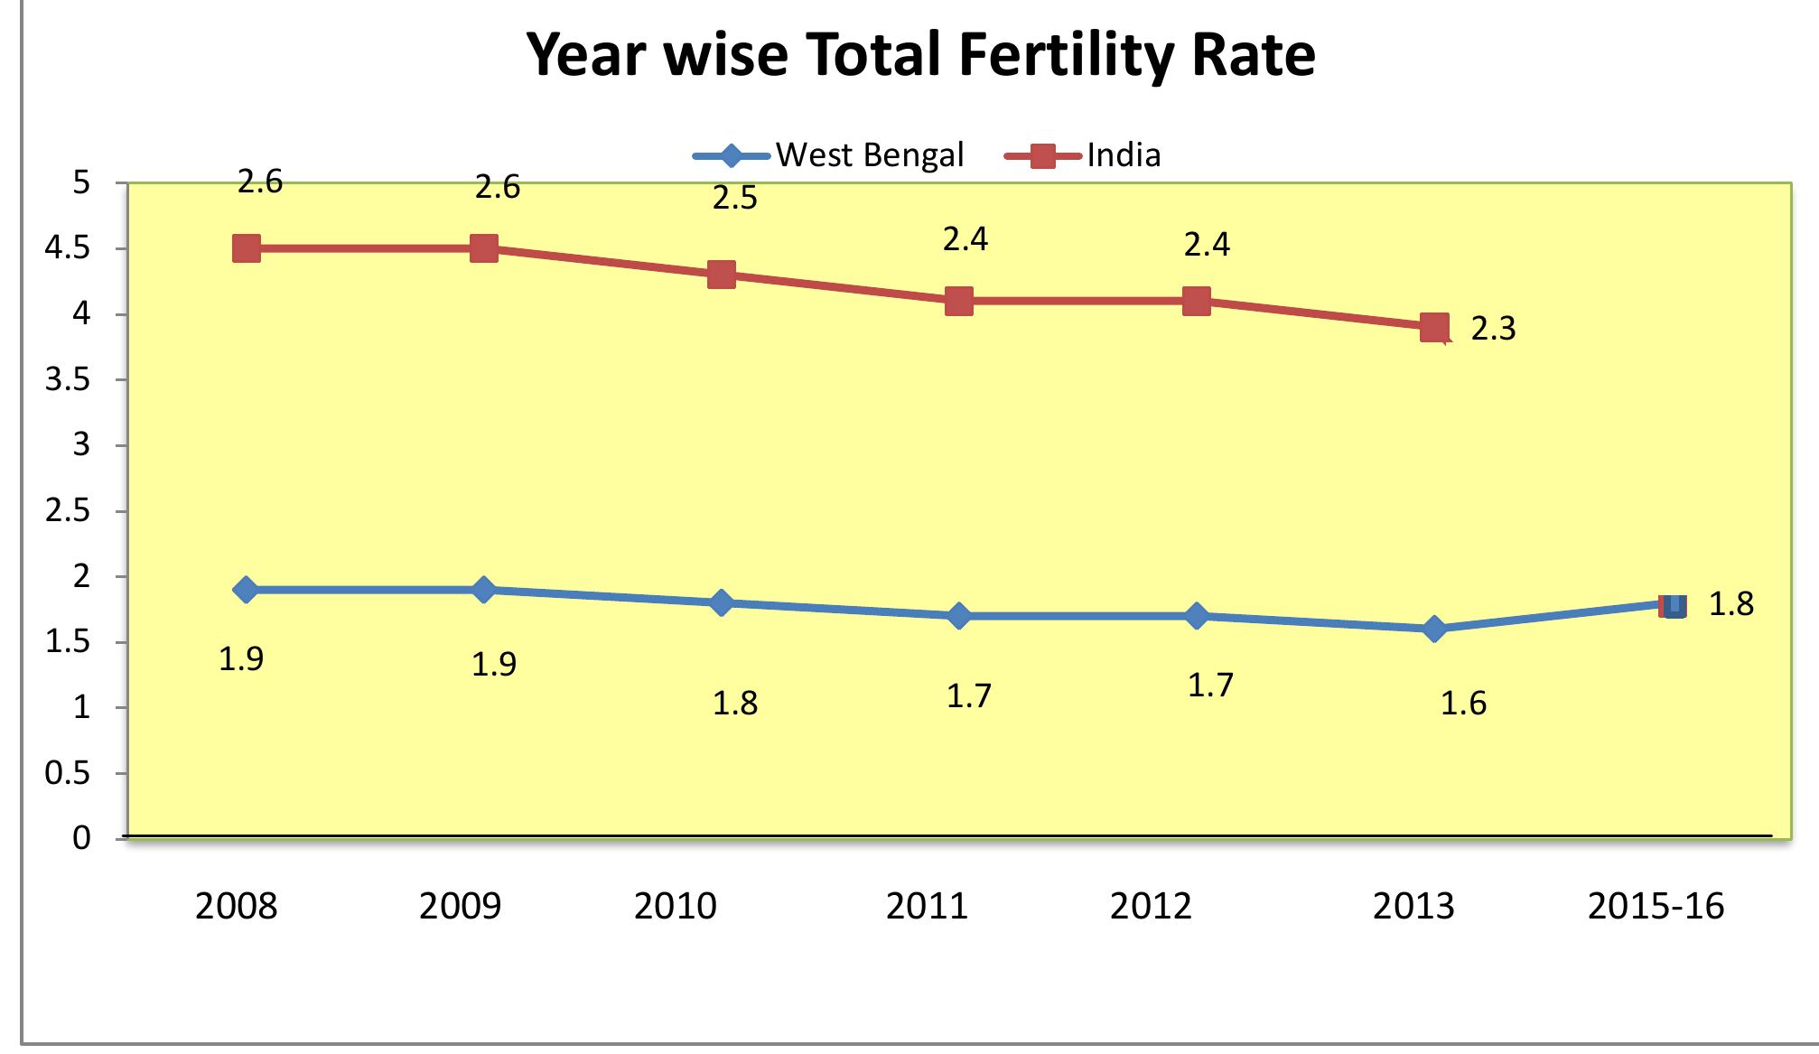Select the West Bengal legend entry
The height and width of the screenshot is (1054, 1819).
pos(828,155)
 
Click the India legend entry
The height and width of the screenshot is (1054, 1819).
pos(1084,155)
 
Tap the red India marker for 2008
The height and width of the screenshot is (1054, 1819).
pos(247,248)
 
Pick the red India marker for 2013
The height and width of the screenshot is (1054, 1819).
pos(1434,327)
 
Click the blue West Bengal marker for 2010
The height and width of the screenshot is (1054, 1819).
pos(721,602)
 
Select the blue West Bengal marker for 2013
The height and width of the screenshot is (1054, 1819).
pos(1434,629)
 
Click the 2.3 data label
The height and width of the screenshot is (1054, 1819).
pos(1493,329)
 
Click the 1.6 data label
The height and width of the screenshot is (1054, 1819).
pos(1463,704)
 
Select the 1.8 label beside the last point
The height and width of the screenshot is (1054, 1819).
pos(1730,604)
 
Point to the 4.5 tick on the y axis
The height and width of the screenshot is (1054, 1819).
pos(68,248)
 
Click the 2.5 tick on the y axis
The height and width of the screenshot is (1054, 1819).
pos(68,511)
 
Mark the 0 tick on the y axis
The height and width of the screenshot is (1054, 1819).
pos(81,838)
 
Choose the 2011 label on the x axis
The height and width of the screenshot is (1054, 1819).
pos(927,906)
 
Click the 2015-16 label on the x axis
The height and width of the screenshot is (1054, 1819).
pos(1656,906)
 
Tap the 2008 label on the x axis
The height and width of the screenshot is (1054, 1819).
pos(237,906)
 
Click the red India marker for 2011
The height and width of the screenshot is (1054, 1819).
pos(959,301)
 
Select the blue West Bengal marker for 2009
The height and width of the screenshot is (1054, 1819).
pos(483,590)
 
